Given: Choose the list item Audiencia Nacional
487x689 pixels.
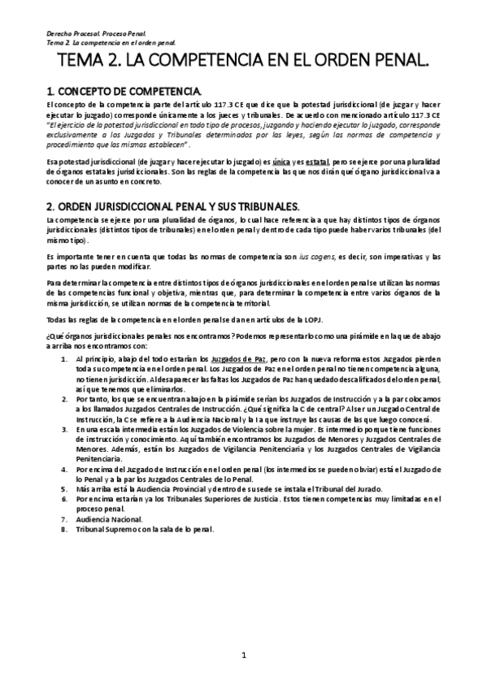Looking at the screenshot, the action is (x=109, y=518).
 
